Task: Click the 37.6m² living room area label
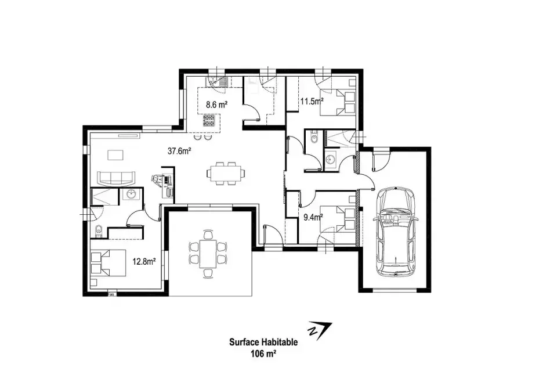(179, 151)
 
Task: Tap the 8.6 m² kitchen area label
(217, 105)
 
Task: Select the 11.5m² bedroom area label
(312, 102)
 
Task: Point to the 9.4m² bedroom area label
(313, 217)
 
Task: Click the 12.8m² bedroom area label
(144, 261)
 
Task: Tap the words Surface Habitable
(263, 342)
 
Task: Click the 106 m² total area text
(263, 354)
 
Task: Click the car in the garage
(396, 232)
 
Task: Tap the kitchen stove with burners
(209, 121)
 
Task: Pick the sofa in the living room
(116, 178)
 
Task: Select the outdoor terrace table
(208, 254)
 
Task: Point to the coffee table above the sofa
(116, 155)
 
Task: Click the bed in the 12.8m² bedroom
(108, 262)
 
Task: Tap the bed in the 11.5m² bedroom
(338, 102)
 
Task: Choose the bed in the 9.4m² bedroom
(338, 219)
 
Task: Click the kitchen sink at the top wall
(218, 81)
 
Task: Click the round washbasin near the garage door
(330, 160)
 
